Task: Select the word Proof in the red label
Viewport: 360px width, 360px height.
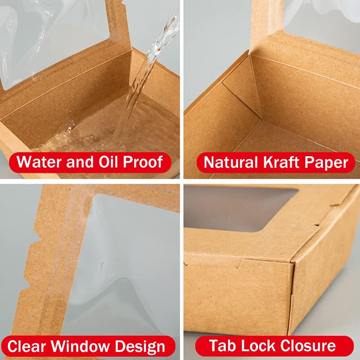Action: point(143,162)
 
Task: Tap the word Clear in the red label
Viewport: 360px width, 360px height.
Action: point(27,347)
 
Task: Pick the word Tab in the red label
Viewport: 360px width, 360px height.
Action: point(220,346)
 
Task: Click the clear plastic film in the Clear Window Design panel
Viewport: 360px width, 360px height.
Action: point(130,261)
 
